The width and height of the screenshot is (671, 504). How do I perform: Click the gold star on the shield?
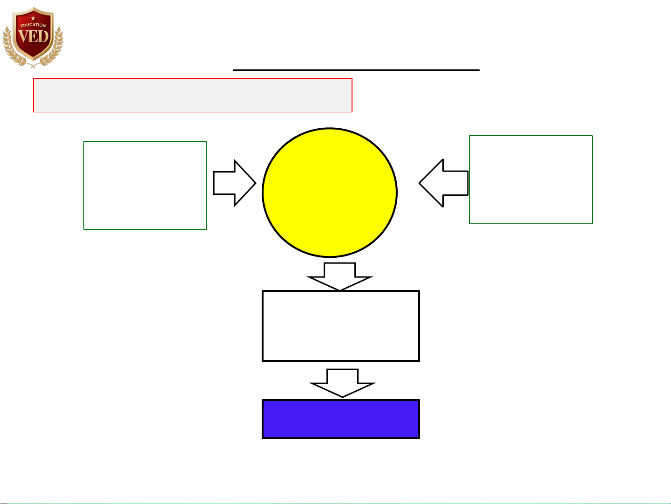pyautogui.click(x=33, y=18)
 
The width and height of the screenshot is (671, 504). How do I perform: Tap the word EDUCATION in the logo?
pyautogui.click(x=33, y=25)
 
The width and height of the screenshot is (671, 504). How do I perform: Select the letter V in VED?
pyautogui.click(x=23, y=36)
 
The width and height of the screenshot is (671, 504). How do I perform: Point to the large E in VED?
pyautogui.click(x=33, y=36)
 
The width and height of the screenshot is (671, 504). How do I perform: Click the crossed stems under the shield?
pyautogui.click(x=33, y=65)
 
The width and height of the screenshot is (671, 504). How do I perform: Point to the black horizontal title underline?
pyautogui.click(x=356, y=70)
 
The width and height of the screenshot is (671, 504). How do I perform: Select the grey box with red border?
pyautogui.click(x=192, y=95)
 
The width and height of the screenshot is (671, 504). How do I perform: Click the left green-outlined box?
pyautogui.click(x=145, y=185)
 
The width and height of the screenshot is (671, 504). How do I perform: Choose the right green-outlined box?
pyautogui.click(x=530, y=180)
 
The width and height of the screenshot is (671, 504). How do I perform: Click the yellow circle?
pyautogui.click(x=329, y=192)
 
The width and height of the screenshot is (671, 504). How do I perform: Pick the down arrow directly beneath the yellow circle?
pyautogui.click(x=339, y=276)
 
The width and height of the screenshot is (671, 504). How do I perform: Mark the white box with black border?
pyautogui.click(x=340, y=326)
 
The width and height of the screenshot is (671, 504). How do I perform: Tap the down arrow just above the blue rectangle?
pyautogui.click(x=342, y=383)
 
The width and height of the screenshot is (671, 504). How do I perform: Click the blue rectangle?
pyautogui.click(x=340, y=419)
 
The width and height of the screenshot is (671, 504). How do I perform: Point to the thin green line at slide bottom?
pyautogui.click(x=335, y=503)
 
